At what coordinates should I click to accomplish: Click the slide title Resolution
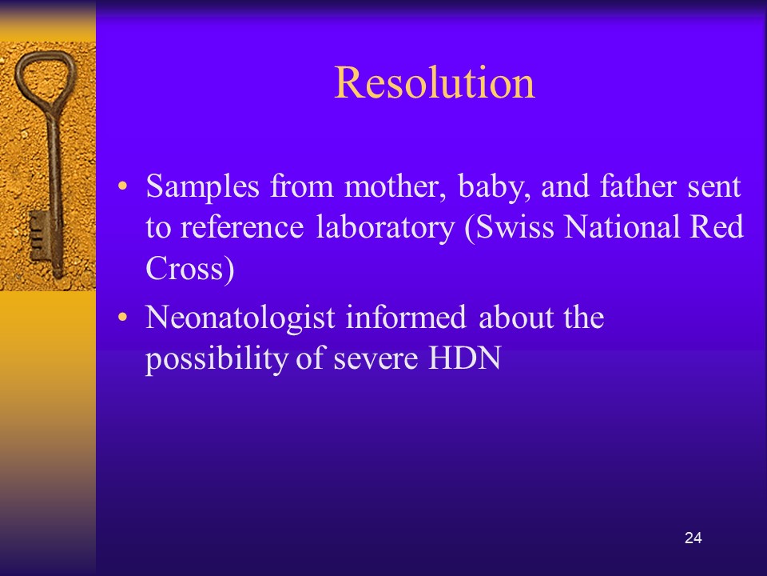click(435, 82)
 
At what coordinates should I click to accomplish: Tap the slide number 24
click(693, 538)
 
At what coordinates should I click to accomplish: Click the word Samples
click(202, 187)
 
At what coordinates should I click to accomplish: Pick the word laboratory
click(385, 228)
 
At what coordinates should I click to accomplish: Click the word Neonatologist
click(240, 318)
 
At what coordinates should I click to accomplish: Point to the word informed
click(406, 317)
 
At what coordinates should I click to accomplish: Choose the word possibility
click(216, 359)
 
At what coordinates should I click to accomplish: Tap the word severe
click(376, 359)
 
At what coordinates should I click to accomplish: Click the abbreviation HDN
click(465, 358)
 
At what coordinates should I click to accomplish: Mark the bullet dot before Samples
click(122, 186)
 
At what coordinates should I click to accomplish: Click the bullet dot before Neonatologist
click(122, 317)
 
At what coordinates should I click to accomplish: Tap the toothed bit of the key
click(38, 238)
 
